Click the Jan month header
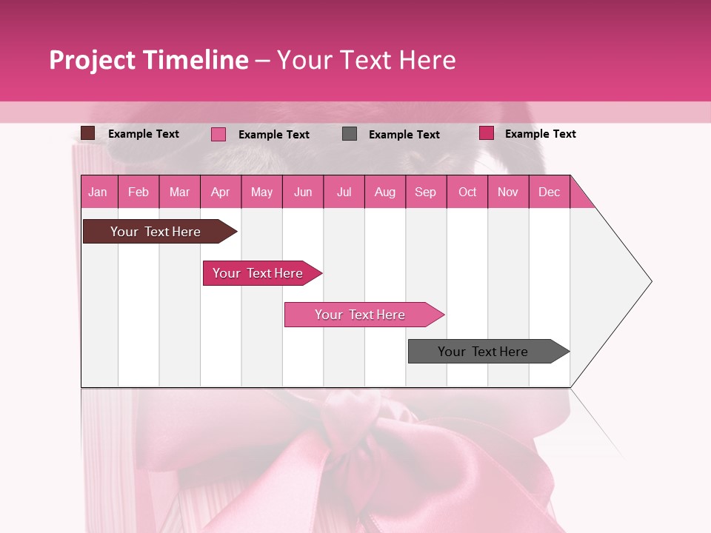[98, 192]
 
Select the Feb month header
[138, 192]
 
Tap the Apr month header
[220, 192]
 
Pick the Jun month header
[303, 192]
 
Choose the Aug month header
[384, 192]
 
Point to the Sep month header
[425, 192]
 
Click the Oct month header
[467, 192]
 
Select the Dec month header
[549, 192]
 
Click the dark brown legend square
[88, 133]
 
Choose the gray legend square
[350, 134]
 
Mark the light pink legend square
[218, 134]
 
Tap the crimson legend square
[487, 133]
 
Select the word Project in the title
[91, 60]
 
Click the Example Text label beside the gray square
[404, 134]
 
